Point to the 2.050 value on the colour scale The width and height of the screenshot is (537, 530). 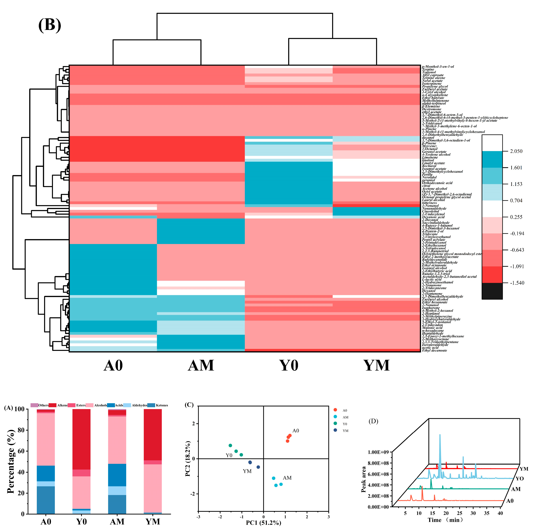[x=516, y=151]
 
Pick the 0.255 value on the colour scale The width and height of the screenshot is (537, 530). [x=516, y=217]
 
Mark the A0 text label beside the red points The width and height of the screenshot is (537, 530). [x=296, y=431]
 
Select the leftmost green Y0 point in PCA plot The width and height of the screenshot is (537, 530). [x=230, y=445]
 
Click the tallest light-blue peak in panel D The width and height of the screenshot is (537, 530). [x=440, y=435]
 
